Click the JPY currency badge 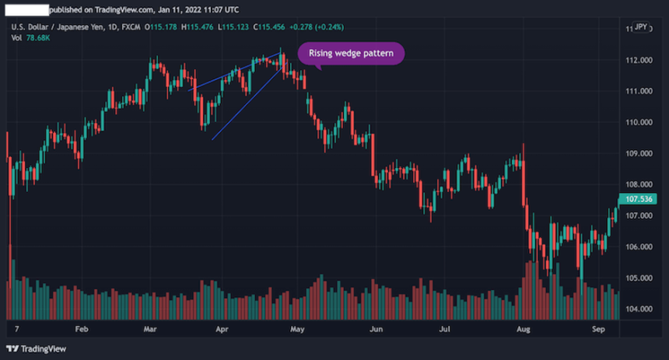pos(640,27)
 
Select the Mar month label pos(150,329)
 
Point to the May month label pos(296,329)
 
